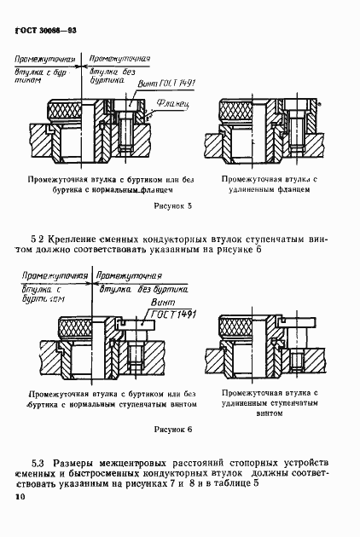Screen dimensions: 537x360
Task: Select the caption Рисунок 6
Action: pyautogui.click(x=172, y=430)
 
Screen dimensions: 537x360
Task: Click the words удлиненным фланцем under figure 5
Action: pyautogui.click(x=265, y=193)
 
